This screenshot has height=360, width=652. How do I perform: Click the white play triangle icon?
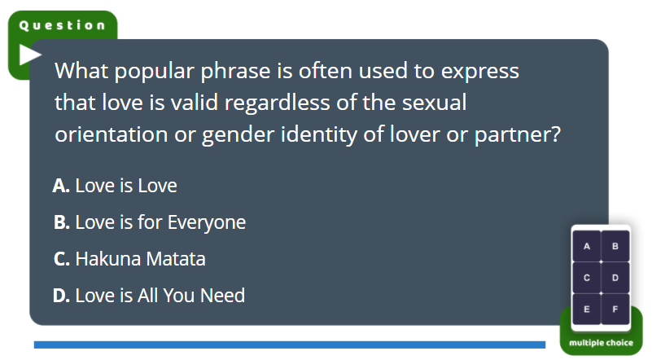pyautogui.click(x=29, y=55)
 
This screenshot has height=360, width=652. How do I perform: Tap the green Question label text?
pyautogui.click(x=63, y=25)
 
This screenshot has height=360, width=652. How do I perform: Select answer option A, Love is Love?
pyautogui.click(x=116, y=186)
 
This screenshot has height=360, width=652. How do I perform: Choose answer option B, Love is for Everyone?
pyautogui.click(x=150, y=222)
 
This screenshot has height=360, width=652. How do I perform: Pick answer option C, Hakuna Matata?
pyautogui.click(x=129, y=259)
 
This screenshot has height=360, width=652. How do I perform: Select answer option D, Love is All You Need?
pyautogui.click(x=149, y=296)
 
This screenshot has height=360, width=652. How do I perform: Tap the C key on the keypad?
pyautogui.click(x=587, y=278)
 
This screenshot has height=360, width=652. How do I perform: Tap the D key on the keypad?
pyautogui.click(x=615, y=278)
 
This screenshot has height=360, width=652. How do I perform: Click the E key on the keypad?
pyautogui.click(x=587, y=310)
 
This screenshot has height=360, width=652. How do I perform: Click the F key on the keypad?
pyautogui.click(x=615, y=310)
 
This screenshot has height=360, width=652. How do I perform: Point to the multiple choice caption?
pyautogui.click(x=601, y=343)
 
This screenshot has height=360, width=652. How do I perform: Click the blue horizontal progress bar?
pyautogui.click(x=290, y=345)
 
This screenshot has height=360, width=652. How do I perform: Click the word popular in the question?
pyautogui.click(x=155, y=72)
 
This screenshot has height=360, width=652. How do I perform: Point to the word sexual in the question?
pyautogui.click(x=434, y=103)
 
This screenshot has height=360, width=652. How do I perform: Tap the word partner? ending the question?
pyautogui.click(x=518, y=135)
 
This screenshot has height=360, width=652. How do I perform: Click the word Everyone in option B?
pyautogui.click(x=207, y=222)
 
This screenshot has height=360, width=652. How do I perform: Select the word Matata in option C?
pyautogui.click(x=176, y=259)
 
